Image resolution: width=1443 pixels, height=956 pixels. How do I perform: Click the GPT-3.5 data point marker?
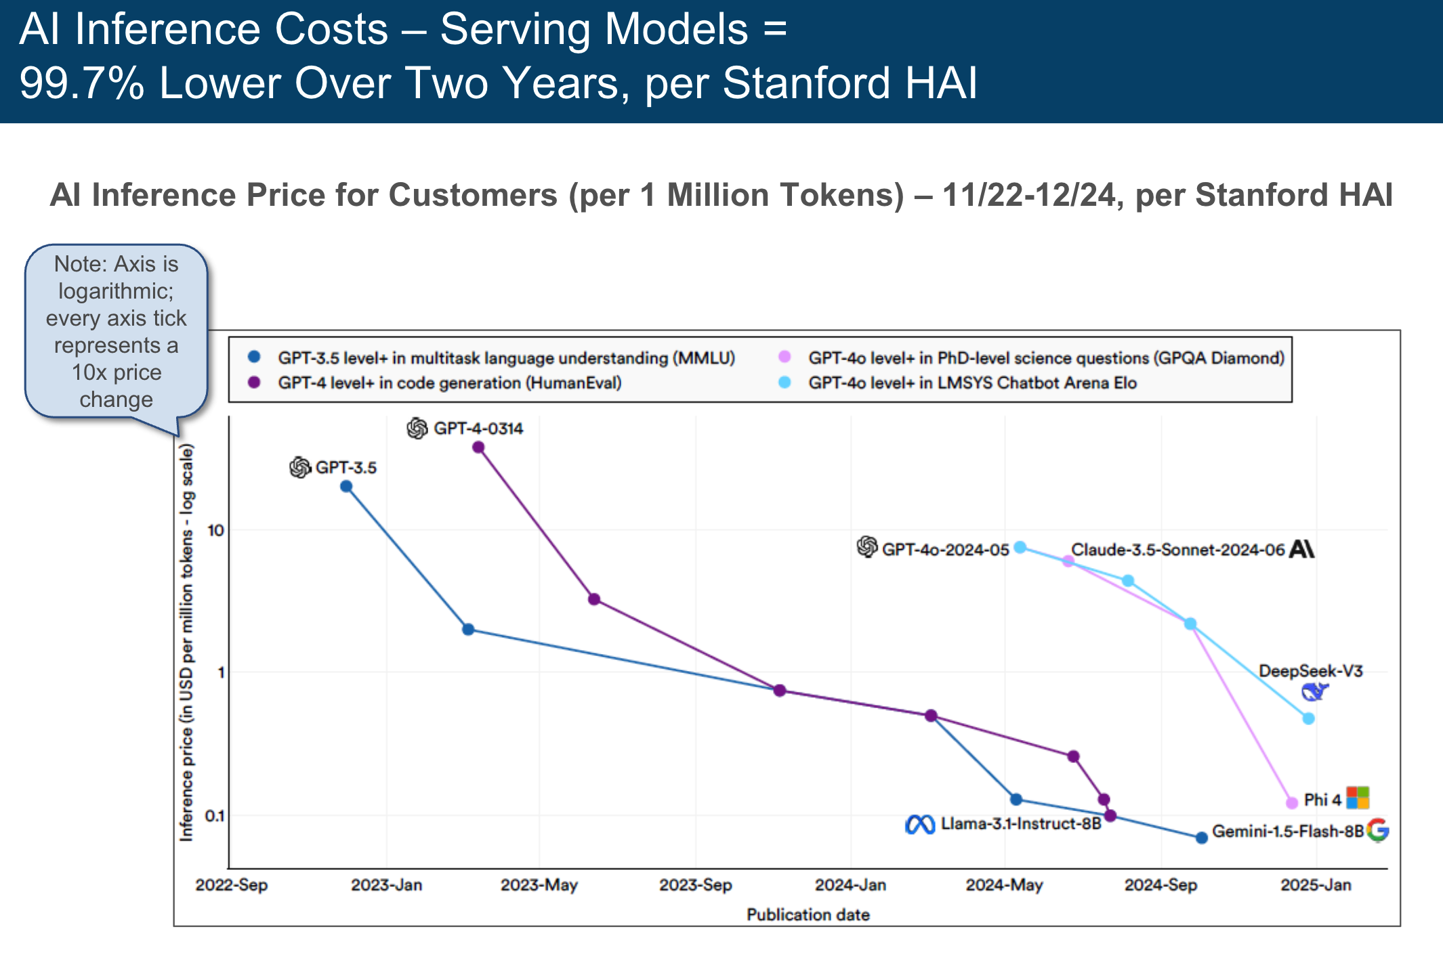tap(346, 486)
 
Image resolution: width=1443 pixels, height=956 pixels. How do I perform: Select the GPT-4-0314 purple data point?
tap(478, 447)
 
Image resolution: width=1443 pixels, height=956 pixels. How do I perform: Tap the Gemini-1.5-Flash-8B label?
tap(1287, 831)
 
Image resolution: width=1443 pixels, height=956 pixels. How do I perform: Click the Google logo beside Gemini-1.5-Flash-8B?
tap(1378, 829)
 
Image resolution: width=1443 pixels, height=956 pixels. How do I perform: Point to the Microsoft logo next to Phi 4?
tap(1358, 798)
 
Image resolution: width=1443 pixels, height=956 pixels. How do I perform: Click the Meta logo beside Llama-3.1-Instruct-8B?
tap(920, 825)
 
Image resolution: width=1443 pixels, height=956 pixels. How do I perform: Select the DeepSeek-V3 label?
tap(1310, 671)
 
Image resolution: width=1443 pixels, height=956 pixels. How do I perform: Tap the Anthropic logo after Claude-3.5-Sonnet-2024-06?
tap(1301, 548)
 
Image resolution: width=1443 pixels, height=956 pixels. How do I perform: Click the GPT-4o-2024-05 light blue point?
tap(1020, 547)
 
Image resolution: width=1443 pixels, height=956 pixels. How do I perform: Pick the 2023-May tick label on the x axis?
tap(539, 885)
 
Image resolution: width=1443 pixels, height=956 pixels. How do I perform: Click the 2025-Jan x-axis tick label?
tap(1316, 885)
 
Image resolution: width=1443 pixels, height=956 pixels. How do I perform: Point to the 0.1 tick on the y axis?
tap(214, 816)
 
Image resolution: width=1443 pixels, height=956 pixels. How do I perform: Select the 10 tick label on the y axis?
tap(215, 530)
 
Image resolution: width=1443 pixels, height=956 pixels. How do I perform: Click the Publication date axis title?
tap(808, 915)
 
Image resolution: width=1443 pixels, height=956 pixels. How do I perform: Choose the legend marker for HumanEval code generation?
tap(255, 383)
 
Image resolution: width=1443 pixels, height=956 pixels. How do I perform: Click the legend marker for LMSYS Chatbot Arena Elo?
tap(785, 383)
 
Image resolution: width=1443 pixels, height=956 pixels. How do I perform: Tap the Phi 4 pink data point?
tap(1292, 802)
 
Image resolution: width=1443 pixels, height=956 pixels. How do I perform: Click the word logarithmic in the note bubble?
tap(116, 291)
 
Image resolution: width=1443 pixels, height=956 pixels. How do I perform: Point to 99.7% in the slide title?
tap(82, 83)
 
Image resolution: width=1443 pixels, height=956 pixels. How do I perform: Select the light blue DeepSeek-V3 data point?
tap(1309, 718)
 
